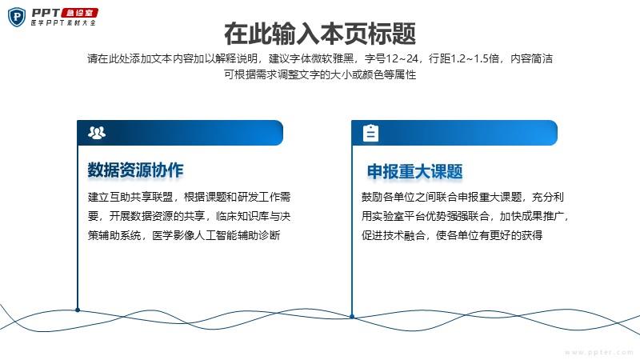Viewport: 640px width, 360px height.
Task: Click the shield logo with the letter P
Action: pyautogui.click(x=17, y=17)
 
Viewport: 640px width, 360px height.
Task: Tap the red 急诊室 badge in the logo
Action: pyautogui.click(x=79, y=13)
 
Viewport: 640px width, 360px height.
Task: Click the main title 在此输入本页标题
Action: pyautogui.click(x=320, y=34)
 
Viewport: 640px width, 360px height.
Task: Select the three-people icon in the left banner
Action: pyautogui.click(x=97, y=133)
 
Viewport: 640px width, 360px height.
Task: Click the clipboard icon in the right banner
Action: pyautogui.click(x=370, y=133)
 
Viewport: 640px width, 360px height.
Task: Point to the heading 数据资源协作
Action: pyautogui.click(x=135, y=170)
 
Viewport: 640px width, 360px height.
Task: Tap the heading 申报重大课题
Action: pyautogui.click(x=414, y=171)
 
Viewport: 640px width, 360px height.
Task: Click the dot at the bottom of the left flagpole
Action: pyautogui.click(x=78, y=310)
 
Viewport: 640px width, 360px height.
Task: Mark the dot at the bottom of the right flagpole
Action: pyautogui.click(x=352, y=316)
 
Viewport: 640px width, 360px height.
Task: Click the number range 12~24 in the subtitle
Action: pyautogui.click(x=402, y=58)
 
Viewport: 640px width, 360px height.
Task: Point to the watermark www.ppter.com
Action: pyautogui.click(x=599, y=352)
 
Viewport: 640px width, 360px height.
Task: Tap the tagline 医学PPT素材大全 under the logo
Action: pyautogui.click(x=63, y=23)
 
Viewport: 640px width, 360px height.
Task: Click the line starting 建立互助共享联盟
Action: pyautogui.click(x=189, y=197)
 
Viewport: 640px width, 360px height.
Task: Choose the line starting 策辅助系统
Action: pyautogui.click(x=184, y=235)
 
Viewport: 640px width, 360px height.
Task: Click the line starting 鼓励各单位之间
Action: pyautogui.click(x=462, y=197)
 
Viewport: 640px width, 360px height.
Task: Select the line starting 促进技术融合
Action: pyautogui.click(x=452, y=235)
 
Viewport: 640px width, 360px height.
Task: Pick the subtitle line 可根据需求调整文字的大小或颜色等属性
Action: pyautogui.click(x=320, y=74)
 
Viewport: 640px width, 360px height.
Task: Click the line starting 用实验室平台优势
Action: pyautogui.click(x=465, y=216)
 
